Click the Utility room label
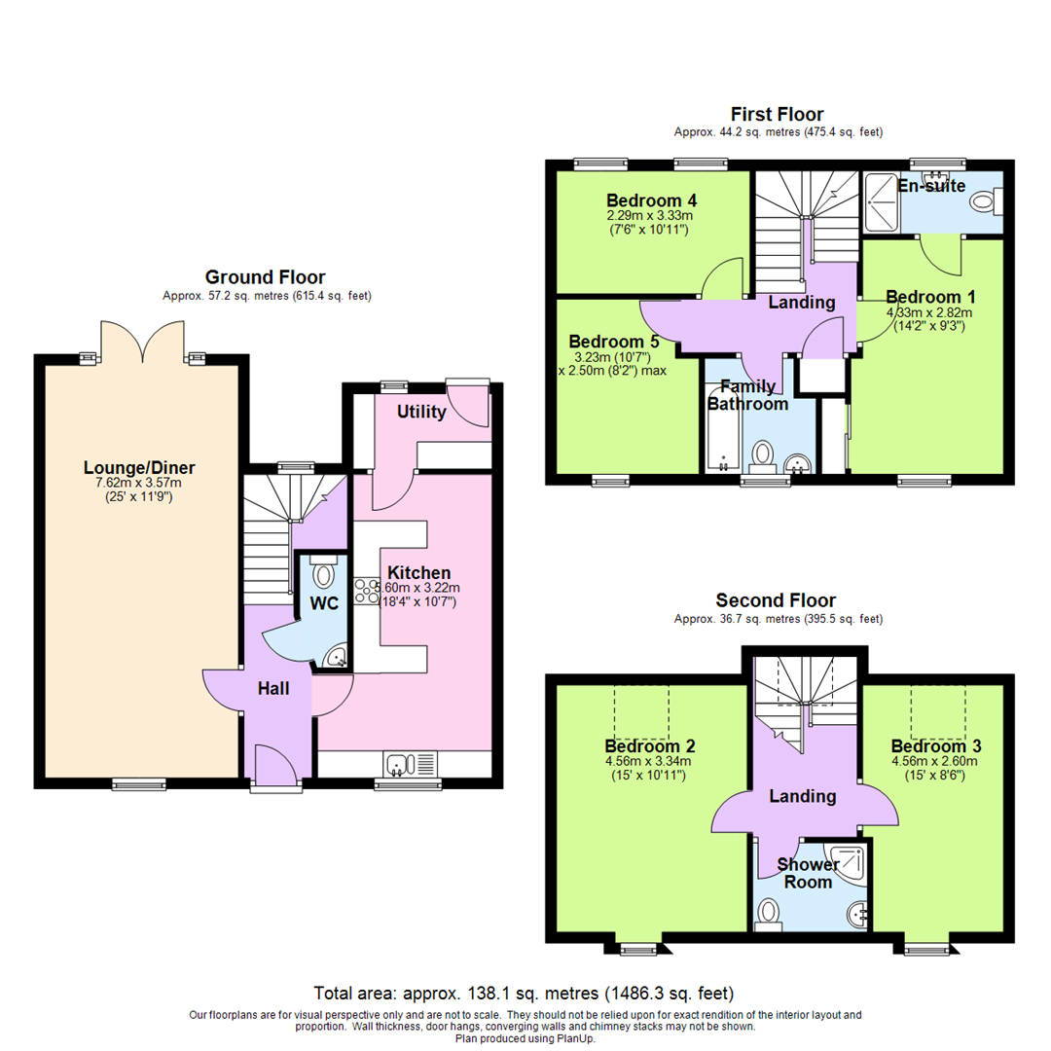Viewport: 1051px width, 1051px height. [421, 413]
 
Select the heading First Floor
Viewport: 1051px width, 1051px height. [778, 115]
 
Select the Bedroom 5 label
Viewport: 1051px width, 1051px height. [614, 342]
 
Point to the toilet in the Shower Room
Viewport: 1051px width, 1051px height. [771, 913]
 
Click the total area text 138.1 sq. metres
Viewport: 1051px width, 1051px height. [525, 994]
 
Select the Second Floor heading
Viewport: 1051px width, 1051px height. [776, 600]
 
